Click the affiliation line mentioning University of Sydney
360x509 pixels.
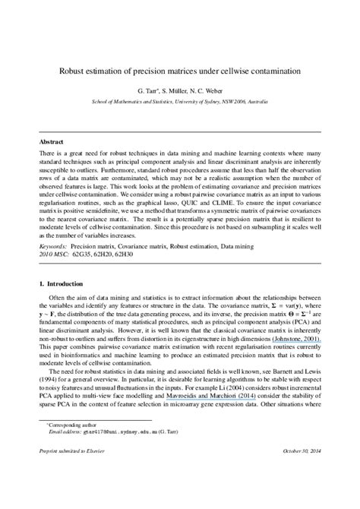coord(180,100)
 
